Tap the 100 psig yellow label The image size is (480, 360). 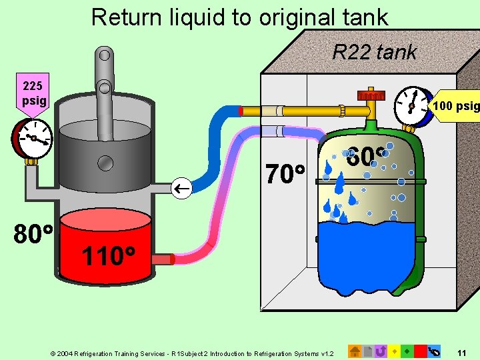pyautogui.click(x=455, y=105)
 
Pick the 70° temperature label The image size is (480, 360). pyautogui.click(x=285, y=175)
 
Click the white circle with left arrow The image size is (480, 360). pyautogui.click(x=182, y=189)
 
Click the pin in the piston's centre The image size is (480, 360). pyautogui.click(x=105, y=163)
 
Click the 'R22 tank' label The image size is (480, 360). pyautogui.click(x=375, y=51)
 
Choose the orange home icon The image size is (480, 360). pyautogui.click(x=355, y=350)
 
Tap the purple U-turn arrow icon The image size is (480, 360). pyautogui.click(x=381, y=350)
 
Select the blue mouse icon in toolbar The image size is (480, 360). pyautogui.click(x=435, y=350)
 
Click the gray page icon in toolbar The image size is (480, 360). pyautogui.click(x=368, y=350)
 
